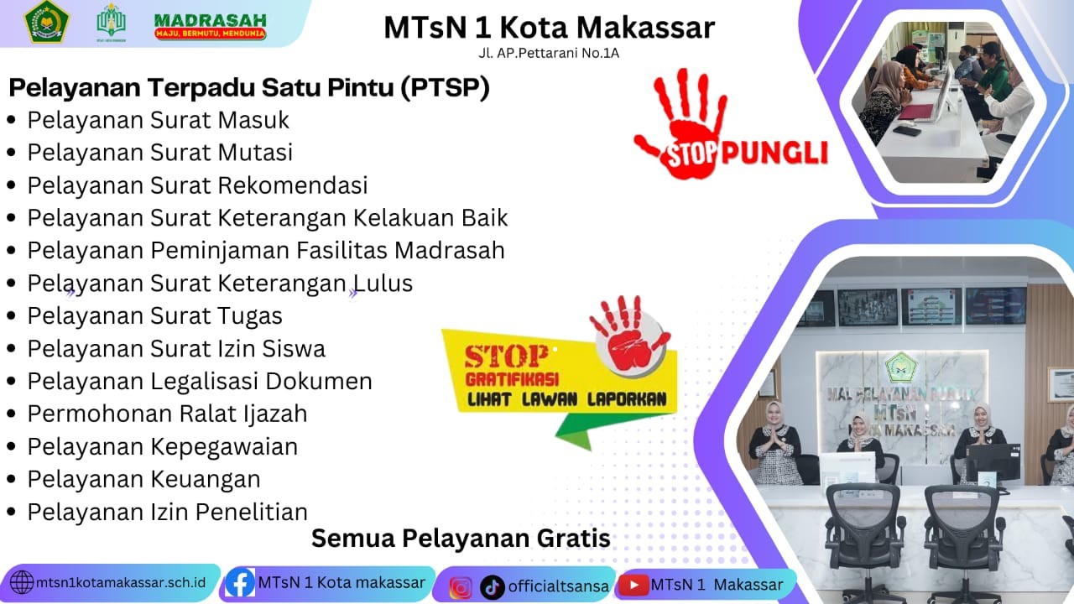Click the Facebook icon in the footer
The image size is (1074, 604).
(240, 583)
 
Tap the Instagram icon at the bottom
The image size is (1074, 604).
(461, 588)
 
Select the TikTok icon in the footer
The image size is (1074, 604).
(492, 587)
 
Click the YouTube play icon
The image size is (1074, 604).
(633, 586)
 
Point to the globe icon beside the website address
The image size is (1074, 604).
(22, 583)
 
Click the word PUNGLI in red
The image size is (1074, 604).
(774, 153)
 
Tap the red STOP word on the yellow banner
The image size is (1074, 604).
(505, 357)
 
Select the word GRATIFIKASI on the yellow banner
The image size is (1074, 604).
(512, 379)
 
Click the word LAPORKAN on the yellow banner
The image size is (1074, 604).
(627, 399)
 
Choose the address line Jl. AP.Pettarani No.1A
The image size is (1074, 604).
(549, 53)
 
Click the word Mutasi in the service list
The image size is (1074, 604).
(255, 153)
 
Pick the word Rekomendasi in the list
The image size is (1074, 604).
(293, 185)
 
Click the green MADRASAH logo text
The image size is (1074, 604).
(210, 21)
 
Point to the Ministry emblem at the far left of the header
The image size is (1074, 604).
(47, 22)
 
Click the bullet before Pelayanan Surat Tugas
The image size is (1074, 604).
(12, 316)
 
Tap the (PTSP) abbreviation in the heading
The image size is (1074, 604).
(445, 88)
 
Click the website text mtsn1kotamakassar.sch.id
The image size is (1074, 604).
(121, 583)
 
